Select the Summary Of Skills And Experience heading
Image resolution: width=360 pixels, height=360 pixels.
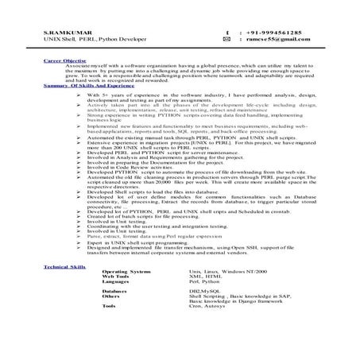tap(87, 84)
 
